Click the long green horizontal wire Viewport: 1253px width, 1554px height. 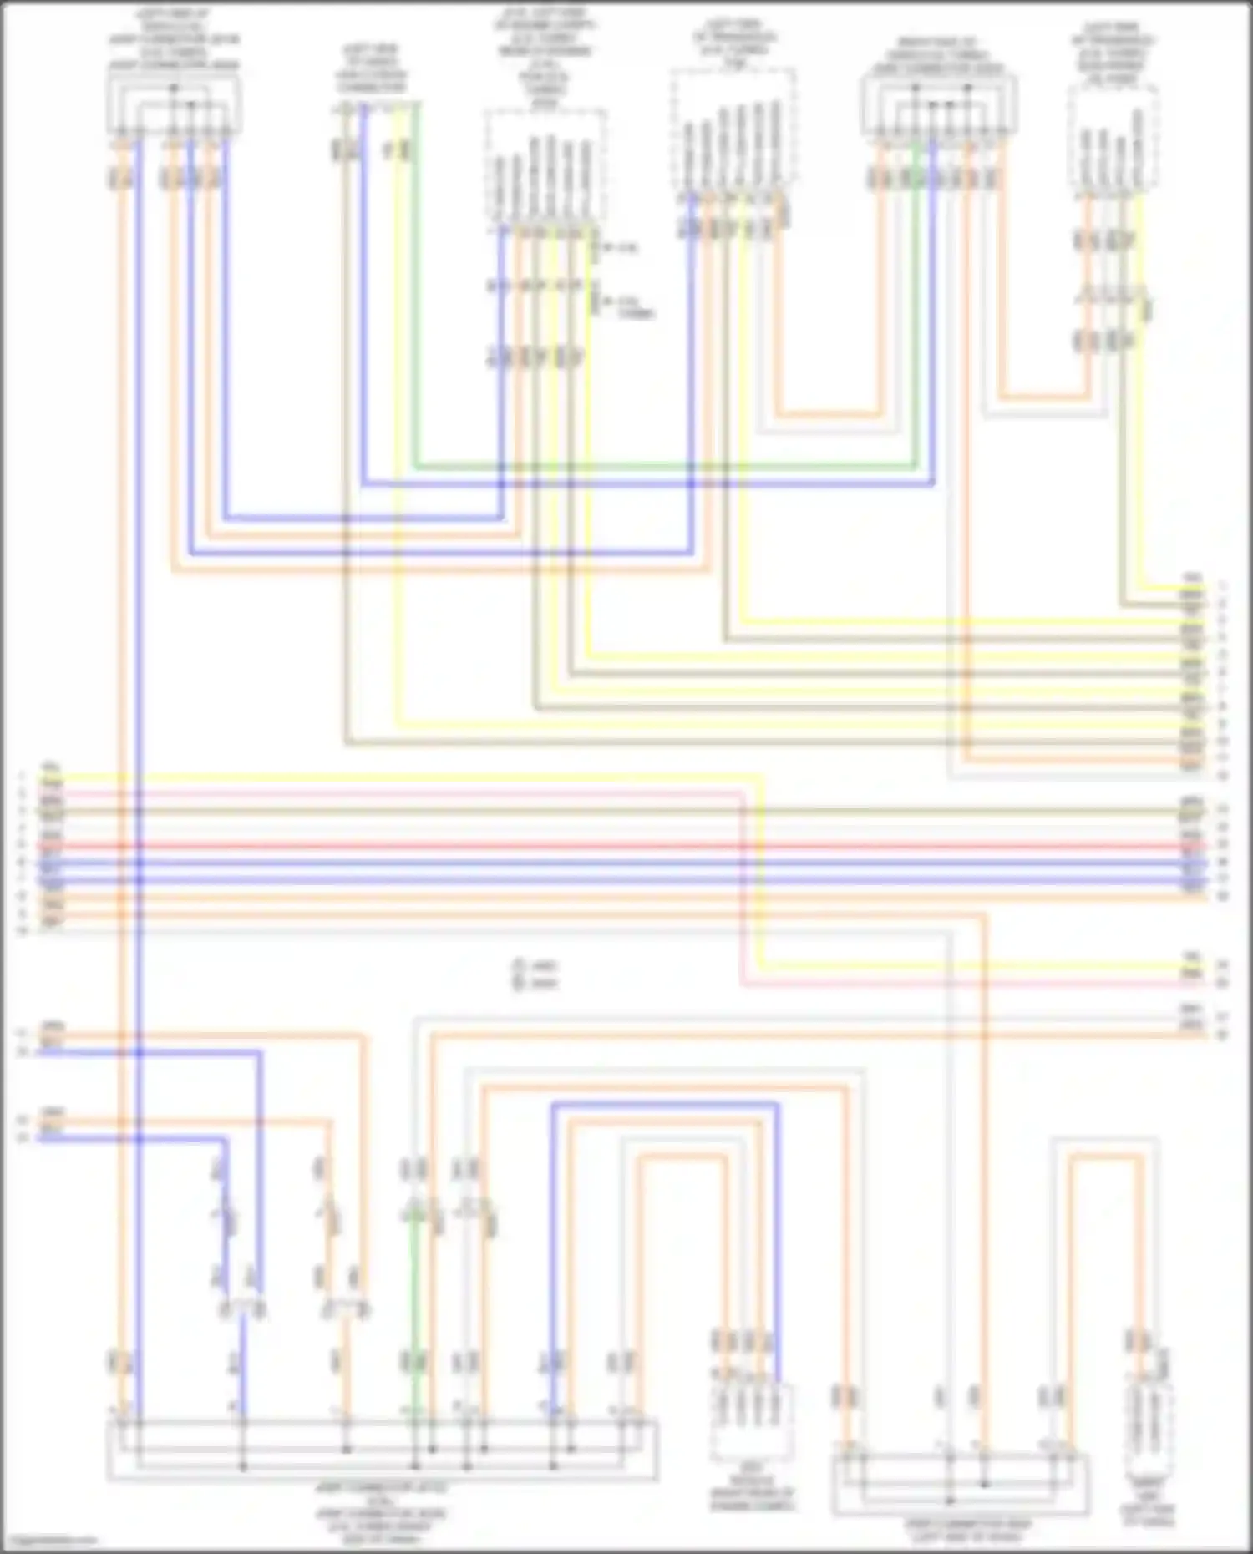click(x=668, y=468)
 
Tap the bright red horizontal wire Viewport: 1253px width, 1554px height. click(x=585, y=846)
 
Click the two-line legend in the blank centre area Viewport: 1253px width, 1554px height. click(x=535, y=974)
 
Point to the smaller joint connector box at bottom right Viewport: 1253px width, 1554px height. click(x=961, y=1484)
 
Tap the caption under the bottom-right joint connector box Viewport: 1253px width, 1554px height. click(x=969, y=1530)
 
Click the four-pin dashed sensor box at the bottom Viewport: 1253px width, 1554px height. click(x=752, y=1419)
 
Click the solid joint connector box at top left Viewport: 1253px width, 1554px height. click(x=174, y=104)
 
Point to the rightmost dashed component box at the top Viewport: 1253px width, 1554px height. click(x=1114, y=137)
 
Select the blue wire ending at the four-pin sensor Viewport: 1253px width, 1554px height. click(x=778, y=1211)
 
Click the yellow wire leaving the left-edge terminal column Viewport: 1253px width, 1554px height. click(x=418, y=778)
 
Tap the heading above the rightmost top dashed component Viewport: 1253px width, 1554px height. click(x=1113, y=53)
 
